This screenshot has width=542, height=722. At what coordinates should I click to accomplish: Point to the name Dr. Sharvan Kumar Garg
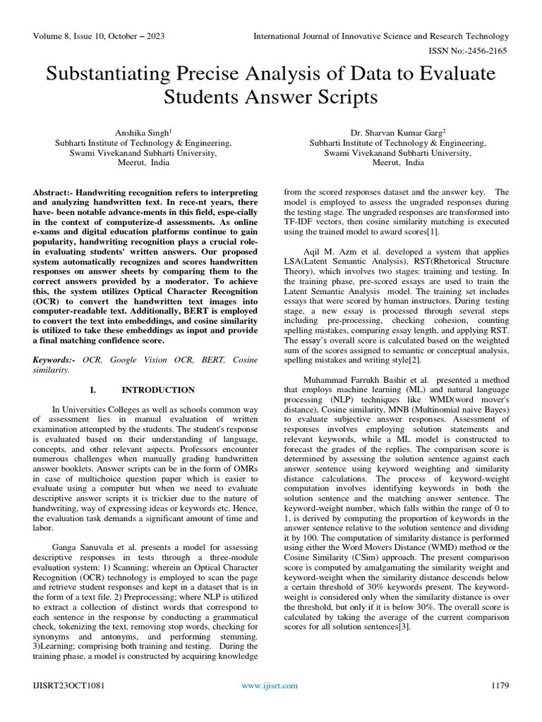396,132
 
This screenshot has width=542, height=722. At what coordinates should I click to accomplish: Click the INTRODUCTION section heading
158,390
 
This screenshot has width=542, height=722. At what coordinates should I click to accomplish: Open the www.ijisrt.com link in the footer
270,685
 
